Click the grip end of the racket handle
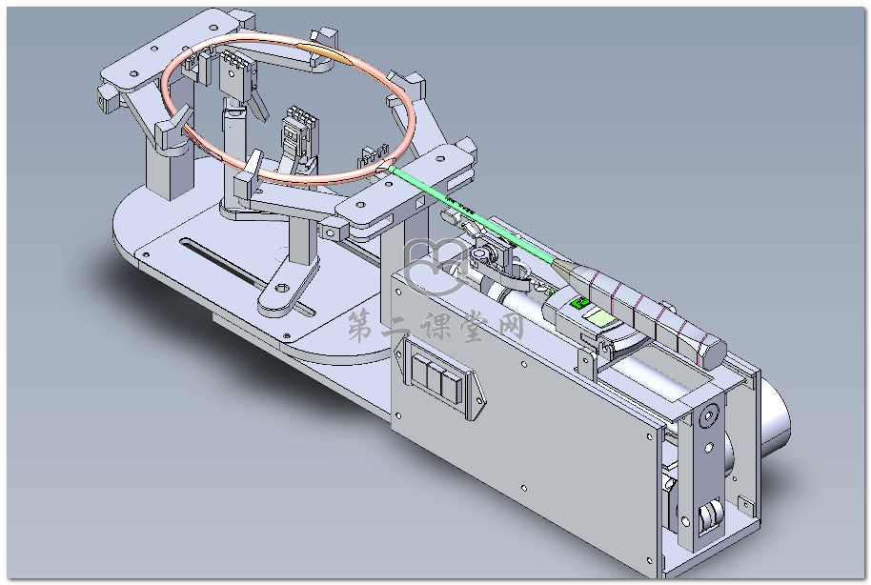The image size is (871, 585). point(709,353)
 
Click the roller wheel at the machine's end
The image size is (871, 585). point(707,520)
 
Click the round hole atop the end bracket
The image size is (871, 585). point(707,417)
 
